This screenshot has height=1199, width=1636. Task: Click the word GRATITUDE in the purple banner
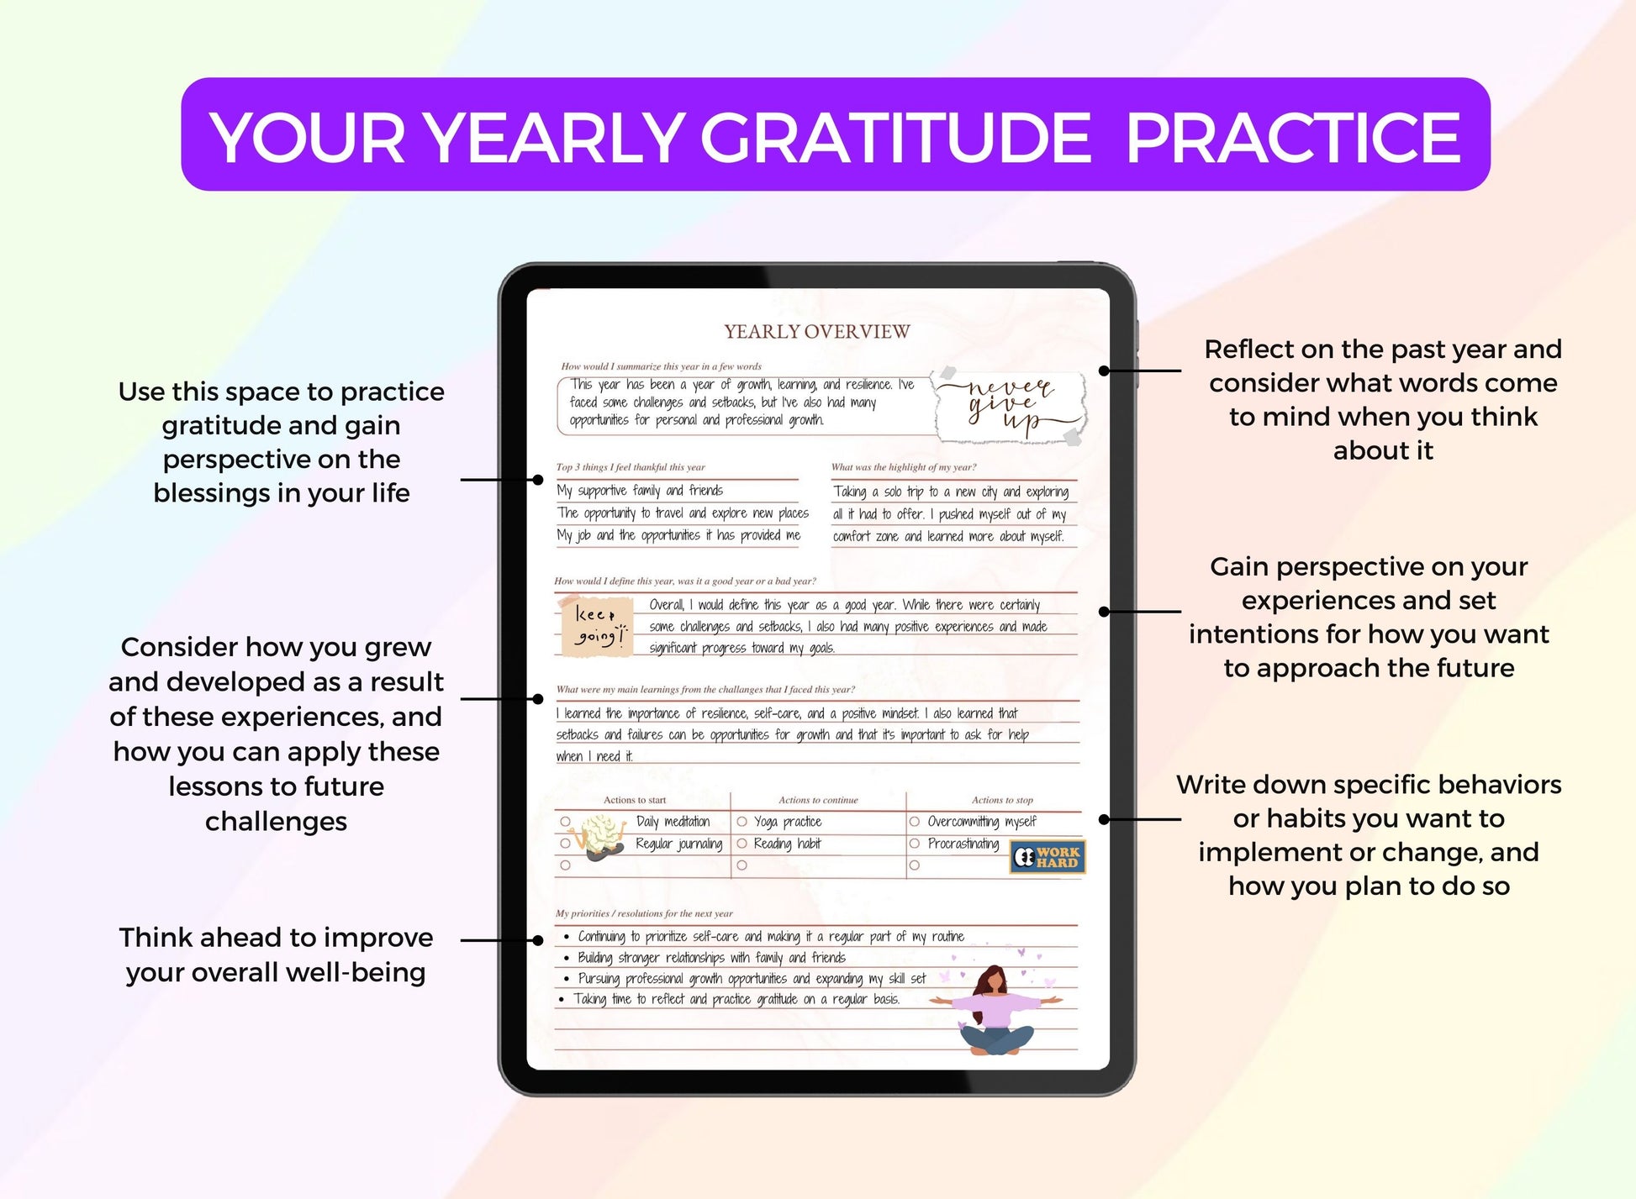(x=895, y=137)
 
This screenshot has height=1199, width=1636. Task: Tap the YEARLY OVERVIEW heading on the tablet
(x=816, y=332)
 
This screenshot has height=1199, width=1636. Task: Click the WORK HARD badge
(x=1047, y=858)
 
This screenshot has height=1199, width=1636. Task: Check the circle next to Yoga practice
(x=742, y=822)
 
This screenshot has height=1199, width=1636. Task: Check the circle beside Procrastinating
(x=915, y=844)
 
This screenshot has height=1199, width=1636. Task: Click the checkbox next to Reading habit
(x=742, y=844)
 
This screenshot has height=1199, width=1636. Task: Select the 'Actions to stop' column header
(x=1001, y=800)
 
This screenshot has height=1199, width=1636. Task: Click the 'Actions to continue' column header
(x=818, y=800)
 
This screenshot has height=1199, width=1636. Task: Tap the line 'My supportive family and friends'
(x=639, y=491)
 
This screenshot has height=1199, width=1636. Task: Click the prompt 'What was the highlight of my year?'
(x=904, y=467)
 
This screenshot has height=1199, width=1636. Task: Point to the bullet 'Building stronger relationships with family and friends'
(x=710, y=958)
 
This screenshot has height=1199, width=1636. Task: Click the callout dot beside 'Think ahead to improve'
(x=538, y=940)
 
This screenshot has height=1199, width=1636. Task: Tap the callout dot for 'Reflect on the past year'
(x=1104, y=371)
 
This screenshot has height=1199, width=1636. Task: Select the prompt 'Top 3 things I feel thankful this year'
(x=631, y=467)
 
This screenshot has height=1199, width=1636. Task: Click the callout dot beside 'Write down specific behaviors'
(x=1104, y=819)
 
